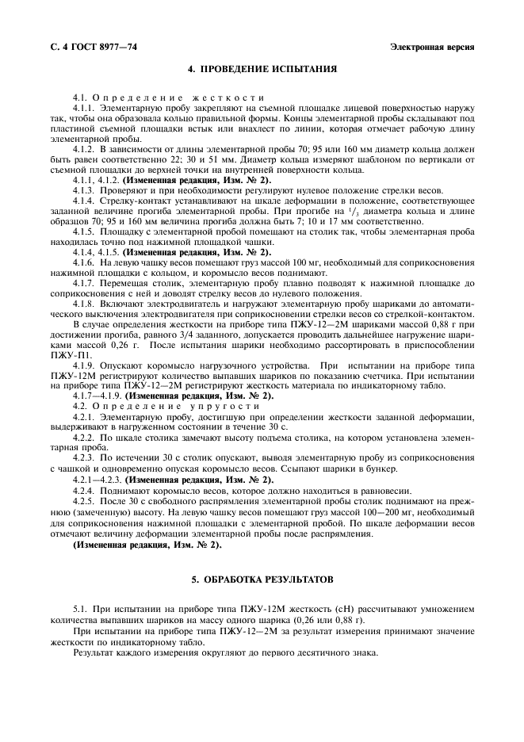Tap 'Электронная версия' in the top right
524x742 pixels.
pyautogui.click(x=432, y=47)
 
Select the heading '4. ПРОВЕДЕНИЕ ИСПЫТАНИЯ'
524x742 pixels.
pyautogui.click(x=262, y=69)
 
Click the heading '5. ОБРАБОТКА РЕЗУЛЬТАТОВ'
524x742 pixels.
pyautogui.click(x=262, y=579)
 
